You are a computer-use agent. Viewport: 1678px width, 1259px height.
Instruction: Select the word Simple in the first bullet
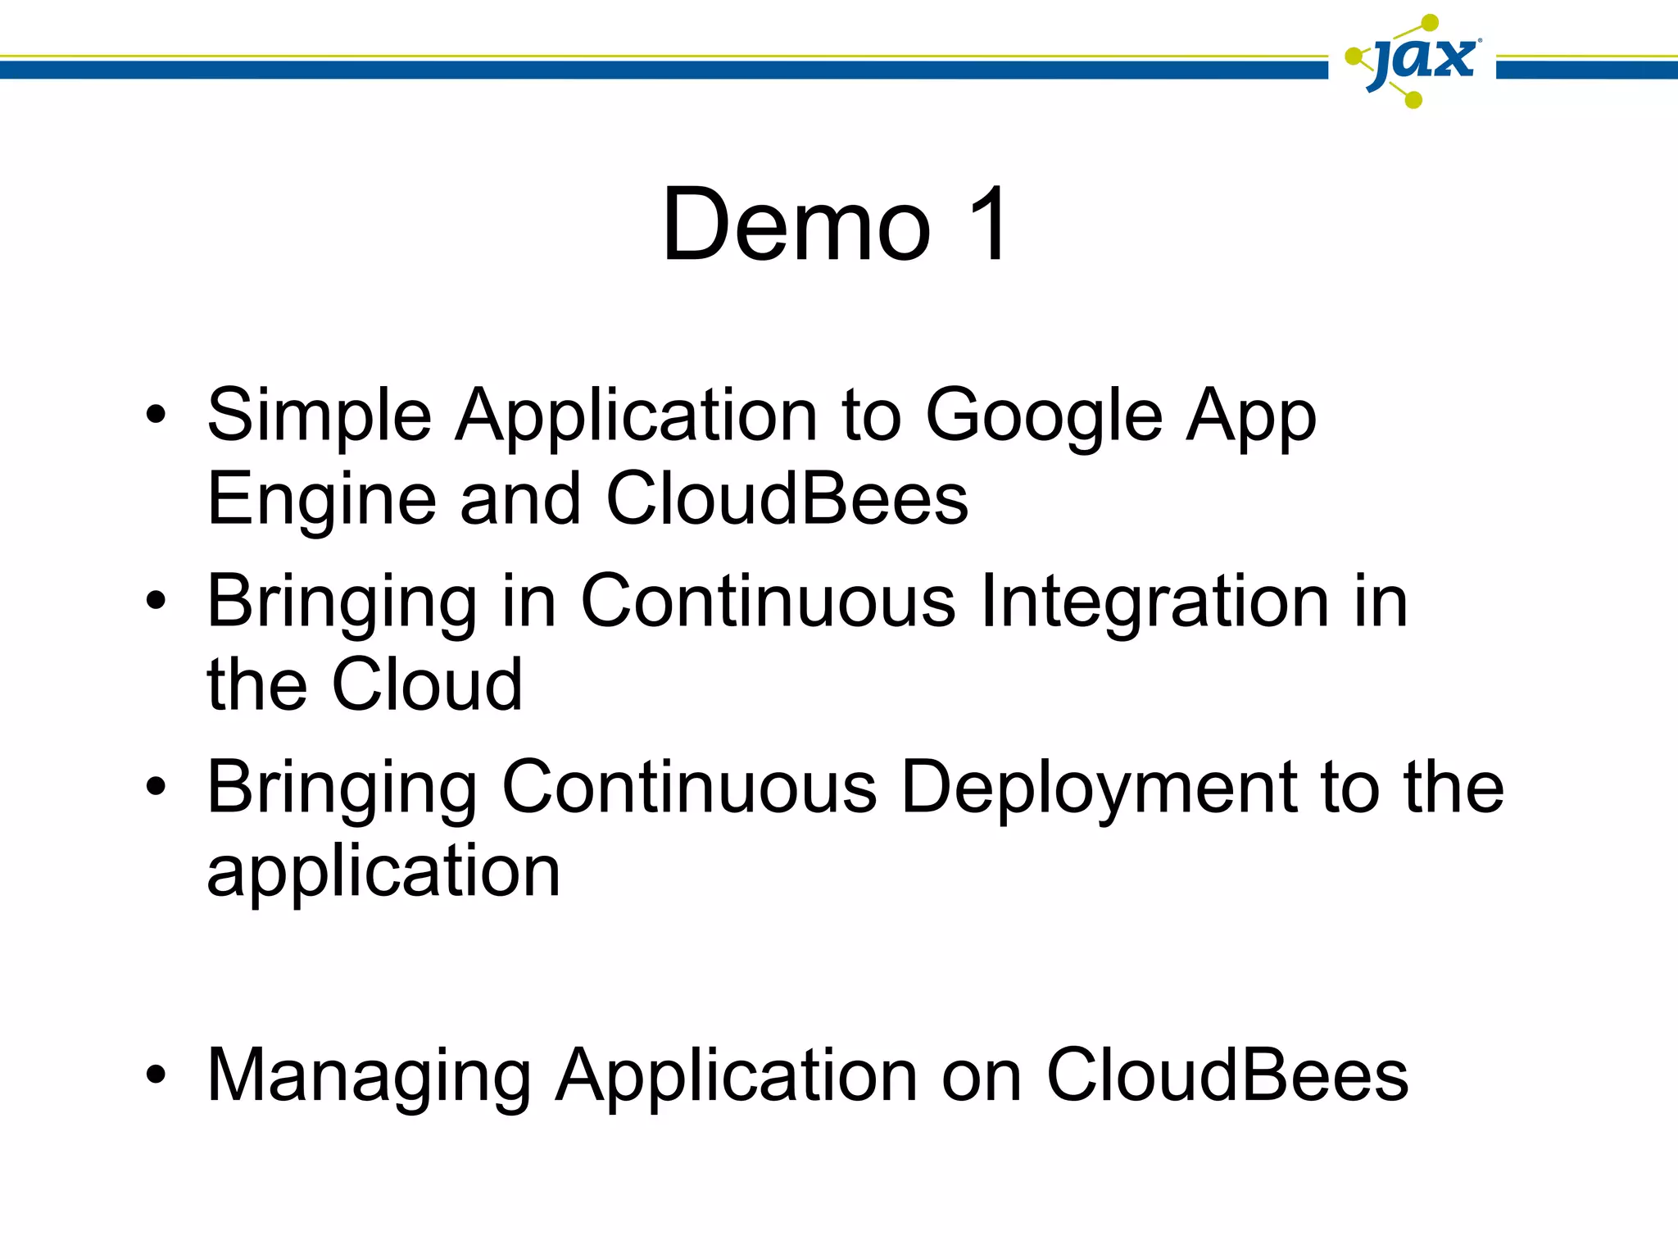pos(319,416)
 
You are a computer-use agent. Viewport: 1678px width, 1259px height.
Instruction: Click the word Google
pos(1043,416)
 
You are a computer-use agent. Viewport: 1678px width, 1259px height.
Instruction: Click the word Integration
pos(1154,602)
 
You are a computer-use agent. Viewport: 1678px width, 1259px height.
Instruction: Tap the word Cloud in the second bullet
pos(426,684)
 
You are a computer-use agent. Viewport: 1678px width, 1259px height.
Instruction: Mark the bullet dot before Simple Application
pos(156,416)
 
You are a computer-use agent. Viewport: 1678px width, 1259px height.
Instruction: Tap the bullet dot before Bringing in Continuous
pos(156,602)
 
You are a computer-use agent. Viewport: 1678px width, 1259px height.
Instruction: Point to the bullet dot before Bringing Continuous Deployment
pos(156,787)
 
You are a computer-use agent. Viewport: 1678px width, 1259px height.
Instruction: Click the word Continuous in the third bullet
pos(689,787)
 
